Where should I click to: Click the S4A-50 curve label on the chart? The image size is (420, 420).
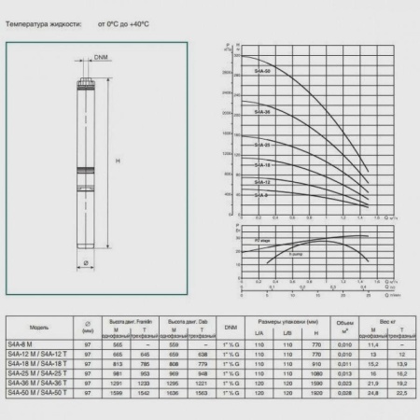point(262,70)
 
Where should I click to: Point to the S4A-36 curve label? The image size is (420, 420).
point(262,112)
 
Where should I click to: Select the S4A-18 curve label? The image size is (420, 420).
point(262,164)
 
